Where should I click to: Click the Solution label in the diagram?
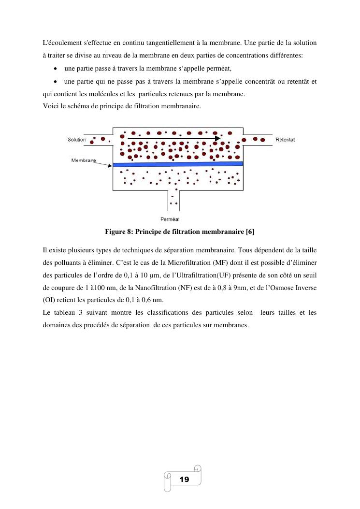(x=76, y=140)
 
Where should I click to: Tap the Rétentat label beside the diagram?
(x=285, y=140)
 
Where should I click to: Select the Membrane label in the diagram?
(x=84, y=160)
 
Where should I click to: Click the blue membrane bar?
(x=178, y=164)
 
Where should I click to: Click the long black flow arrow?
(x=174, y=138)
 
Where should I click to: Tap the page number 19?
(x=184, y=480)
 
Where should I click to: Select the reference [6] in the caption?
(x=250, y=232)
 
